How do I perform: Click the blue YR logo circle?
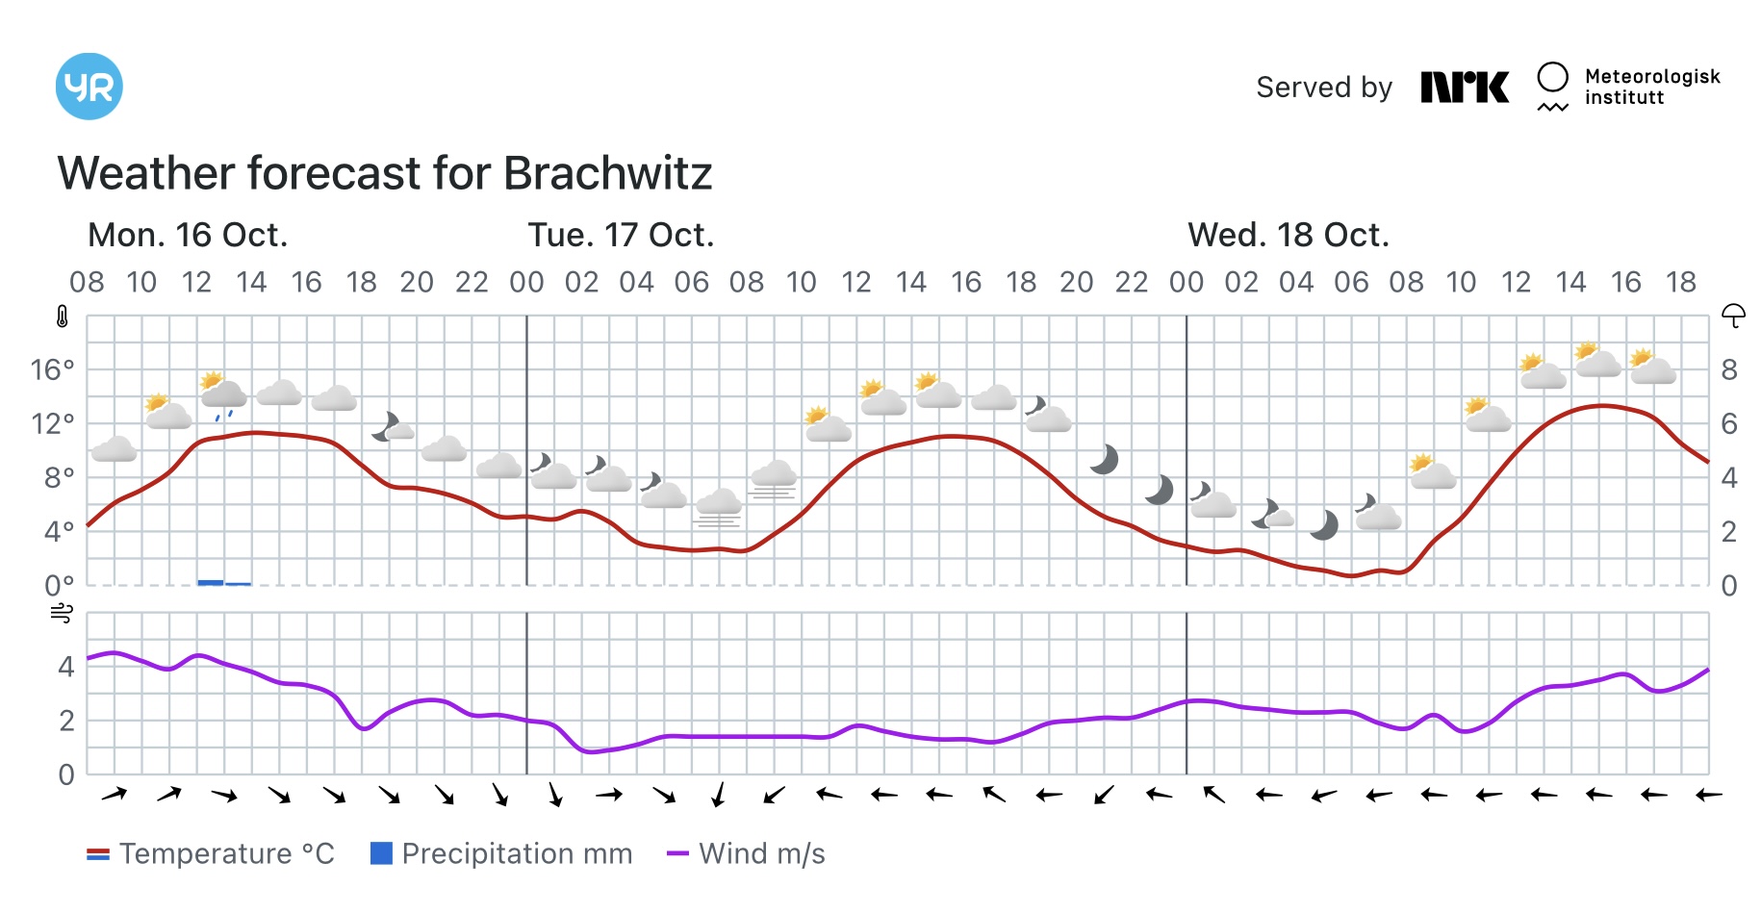coord(89,87)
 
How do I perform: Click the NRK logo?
coord(1465,88)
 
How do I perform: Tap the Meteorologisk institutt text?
coord(1651,87)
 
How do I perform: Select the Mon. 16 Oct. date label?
coord(188,235)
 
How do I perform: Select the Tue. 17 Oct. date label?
coord(621,235)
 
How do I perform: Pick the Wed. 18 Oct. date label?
coord(1289,235)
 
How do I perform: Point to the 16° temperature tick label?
coord(52,369)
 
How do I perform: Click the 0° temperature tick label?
coord(59,585)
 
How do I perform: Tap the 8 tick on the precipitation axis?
coord(1729,369)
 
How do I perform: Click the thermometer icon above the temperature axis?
coord(63,317)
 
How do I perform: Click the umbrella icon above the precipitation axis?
coord(1733,316)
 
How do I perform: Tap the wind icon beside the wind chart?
coord(62,613)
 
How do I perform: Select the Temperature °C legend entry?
coord(211,853)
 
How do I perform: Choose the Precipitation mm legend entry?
coord(501,853)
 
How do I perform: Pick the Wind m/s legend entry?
coord(747,853)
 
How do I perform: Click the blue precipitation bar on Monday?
coord(211,582)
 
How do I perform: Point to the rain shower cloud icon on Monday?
coord(222,393)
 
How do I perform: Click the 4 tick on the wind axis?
coord(65,666)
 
